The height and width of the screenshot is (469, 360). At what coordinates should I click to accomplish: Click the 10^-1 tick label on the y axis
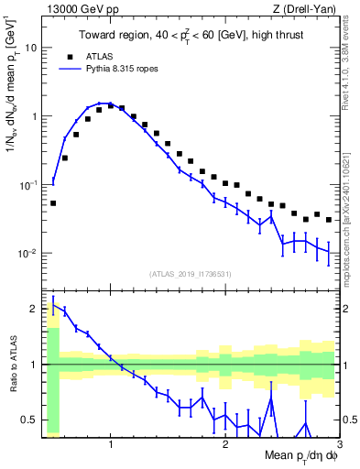[28, 185]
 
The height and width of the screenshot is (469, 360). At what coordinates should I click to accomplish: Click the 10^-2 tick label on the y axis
[28, 254]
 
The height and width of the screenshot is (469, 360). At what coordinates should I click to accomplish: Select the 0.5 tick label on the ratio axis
[30, 420]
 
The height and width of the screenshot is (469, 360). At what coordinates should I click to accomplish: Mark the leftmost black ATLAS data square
[53, 203]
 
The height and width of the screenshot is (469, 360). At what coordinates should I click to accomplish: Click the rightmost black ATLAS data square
[329, 220]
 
